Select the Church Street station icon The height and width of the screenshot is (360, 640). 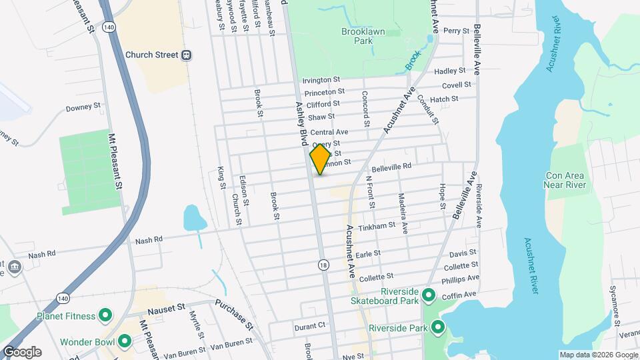pos(188,55)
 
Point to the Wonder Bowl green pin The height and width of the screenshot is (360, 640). pos(125,342)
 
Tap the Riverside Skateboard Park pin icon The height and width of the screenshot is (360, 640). pos(429,295)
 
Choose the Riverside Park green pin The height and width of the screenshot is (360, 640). pos(438,327)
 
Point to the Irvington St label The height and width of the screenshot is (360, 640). pos(321,80)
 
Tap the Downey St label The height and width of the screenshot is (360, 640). pos(83,106)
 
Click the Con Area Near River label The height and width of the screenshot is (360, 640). pos(564,179)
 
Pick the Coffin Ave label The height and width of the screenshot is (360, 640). pos(460,294)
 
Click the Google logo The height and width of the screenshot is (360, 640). pos(21,351)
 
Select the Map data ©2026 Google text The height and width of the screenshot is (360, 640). pos(598,355)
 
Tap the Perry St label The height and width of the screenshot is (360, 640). pos(457,31)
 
